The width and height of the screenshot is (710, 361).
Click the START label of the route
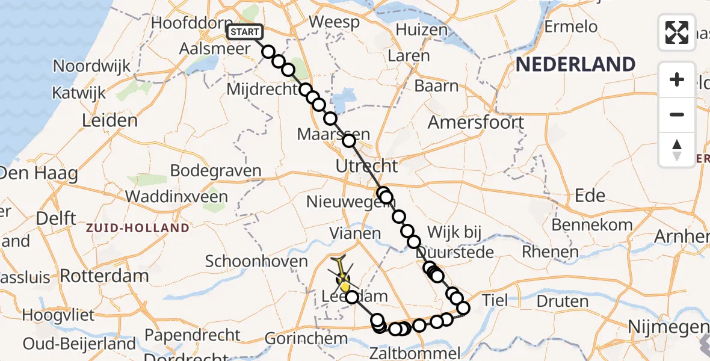click(244, 32)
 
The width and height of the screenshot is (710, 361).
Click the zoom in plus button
click(677, 79)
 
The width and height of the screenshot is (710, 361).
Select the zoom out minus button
click(677, 114)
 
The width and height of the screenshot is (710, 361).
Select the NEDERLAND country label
click(575, 64)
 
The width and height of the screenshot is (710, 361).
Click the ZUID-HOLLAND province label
click(137, 228)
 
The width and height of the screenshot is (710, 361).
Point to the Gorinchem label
click(306, 339)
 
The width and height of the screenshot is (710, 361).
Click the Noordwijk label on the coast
click(91, 66)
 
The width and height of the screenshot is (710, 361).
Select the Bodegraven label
click(215, 170)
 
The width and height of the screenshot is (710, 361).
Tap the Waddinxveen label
click(176, 197)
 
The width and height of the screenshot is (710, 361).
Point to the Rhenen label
click(541, 252)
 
